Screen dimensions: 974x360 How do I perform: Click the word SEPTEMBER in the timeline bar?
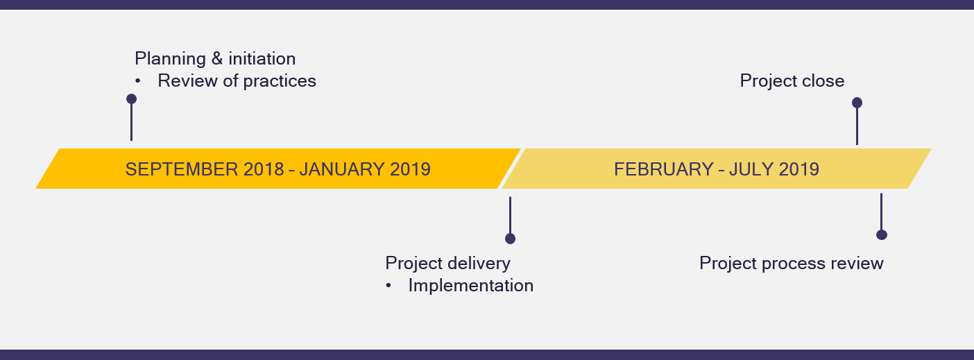(x=182, y=169)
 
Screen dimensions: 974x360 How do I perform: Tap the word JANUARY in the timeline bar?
(x=342, y=169)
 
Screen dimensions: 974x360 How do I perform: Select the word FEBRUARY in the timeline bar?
(x=663, y=169)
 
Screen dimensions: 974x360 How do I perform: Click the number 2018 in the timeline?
(x=264, y=169)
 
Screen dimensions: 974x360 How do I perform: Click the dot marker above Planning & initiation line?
(x=131, y=99)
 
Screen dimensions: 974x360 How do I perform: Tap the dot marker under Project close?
(x=857, y=103)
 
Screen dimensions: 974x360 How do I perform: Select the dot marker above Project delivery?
(x=510, y=239)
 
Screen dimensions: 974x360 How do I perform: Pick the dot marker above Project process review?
(x=881, y=234)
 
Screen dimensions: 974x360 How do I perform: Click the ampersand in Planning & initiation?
(x=217, y=59)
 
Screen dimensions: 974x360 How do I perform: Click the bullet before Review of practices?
(x=138, y=81)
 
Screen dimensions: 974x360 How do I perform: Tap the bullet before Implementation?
(x=388, y=286)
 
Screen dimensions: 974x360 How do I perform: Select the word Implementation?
(x=470, y=286)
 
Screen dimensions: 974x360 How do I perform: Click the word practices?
(x=280, y=81)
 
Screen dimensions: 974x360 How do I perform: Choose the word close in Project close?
(x=823, y=81)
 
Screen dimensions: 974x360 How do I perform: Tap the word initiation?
(x=262, y=59)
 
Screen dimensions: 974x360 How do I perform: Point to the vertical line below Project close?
(x=857, y=126)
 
